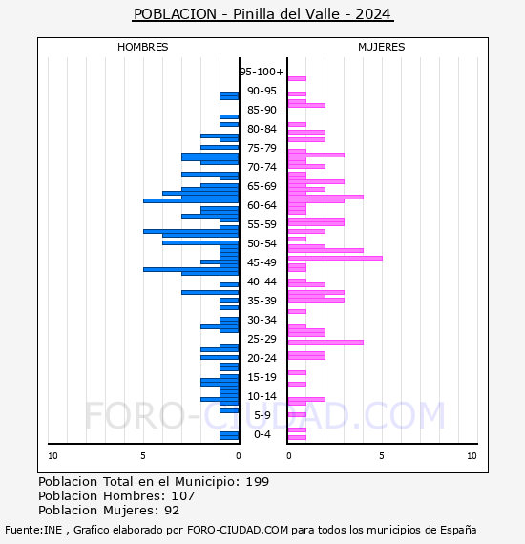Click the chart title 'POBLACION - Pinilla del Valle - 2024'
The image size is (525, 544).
point(262,14)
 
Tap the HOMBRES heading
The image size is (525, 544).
point(142,47)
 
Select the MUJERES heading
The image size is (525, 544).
point(382,47)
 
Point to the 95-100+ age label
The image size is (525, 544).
point(262,72)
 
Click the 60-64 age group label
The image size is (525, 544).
point(262,205)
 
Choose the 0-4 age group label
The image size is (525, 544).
point(262,434)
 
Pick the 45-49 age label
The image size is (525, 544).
point(262,262)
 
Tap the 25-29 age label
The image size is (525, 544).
point(262,339)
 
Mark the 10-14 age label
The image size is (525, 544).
point(262,396)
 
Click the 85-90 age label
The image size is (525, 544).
point(262,110)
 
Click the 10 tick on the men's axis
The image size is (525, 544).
point(52,456)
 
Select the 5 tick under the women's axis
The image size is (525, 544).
point(382,456)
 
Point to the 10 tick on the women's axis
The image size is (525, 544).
point(472,456)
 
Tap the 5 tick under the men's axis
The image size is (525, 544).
point(143,456)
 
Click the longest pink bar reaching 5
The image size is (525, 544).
point(335,258)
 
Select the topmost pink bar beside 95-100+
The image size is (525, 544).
point(297,79)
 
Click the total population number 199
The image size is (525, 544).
point(258,482)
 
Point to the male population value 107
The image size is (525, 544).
point(183,496)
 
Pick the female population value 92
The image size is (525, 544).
point(172,511)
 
